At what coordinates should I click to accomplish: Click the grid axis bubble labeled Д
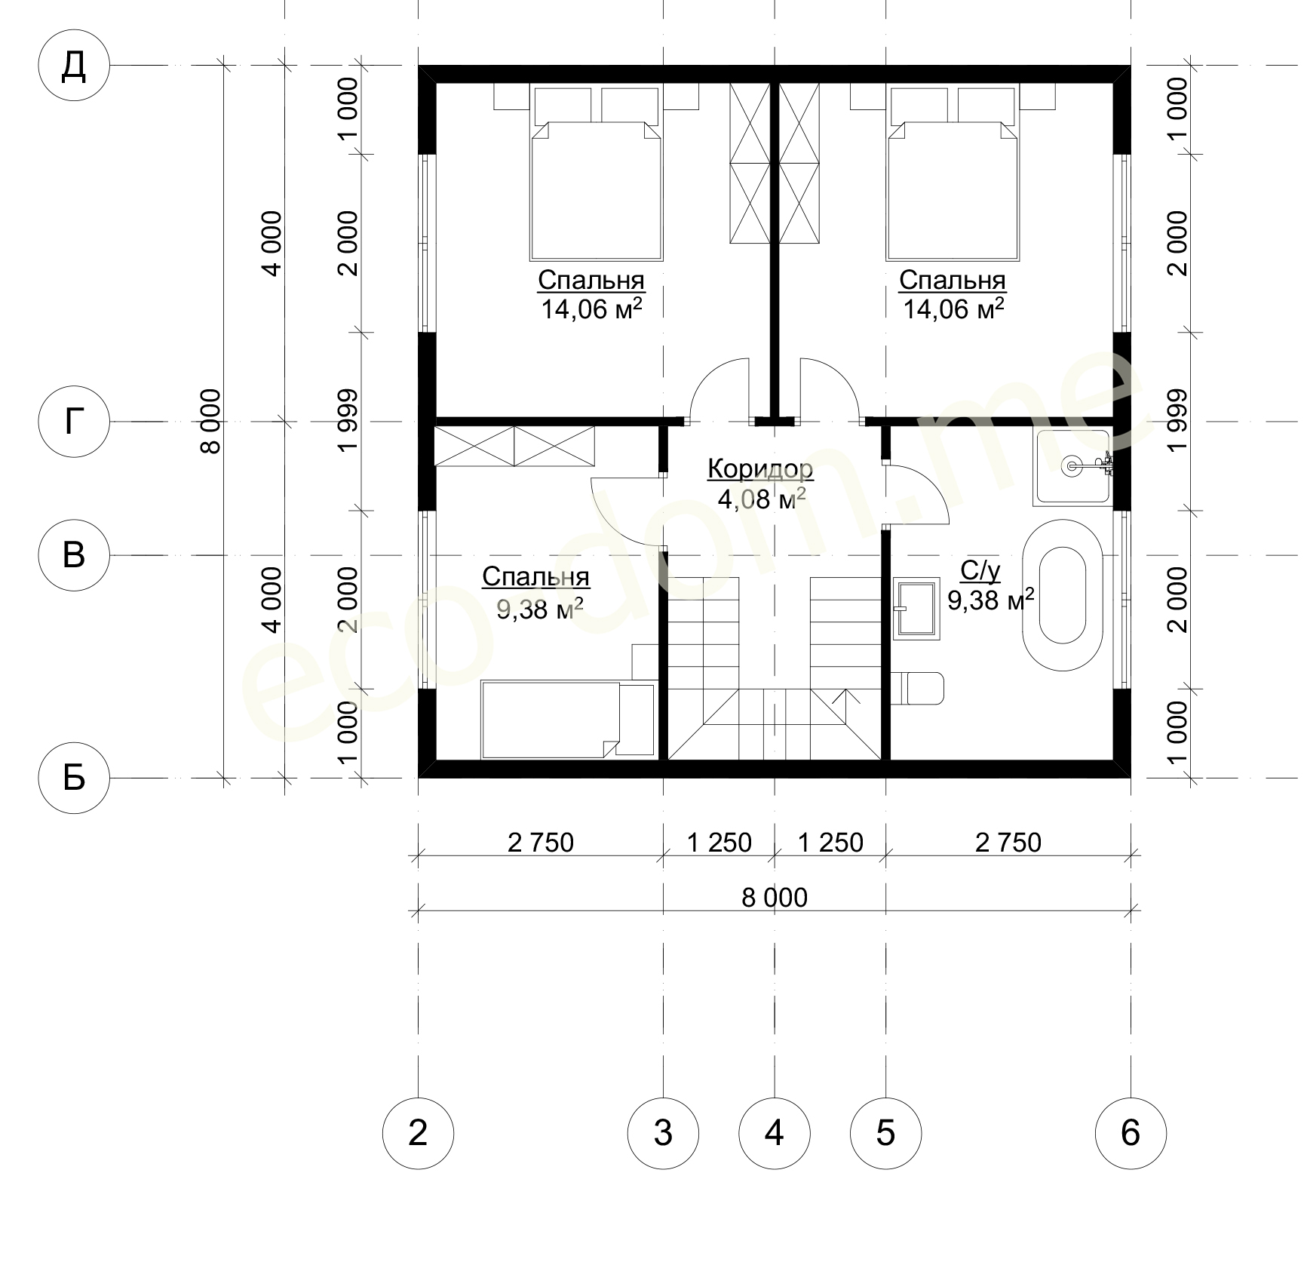click(x=73, y=67)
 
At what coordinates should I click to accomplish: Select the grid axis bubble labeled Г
click(x=73, y=422)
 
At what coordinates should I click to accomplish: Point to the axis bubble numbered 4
click(x=775, y=1133)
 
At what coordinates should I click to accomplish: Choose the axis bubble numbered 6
click(x=1131, y=1133)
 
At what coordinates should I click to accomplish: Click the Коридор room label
click(x=760, y=469)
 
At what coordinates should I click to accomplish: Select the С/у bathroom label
click(x=980, y=572)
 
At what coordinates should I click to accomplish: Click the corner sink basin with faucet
click(x=1072, y=467)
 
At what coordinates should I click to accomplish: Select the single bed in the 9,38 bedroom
click(x=568, y=720)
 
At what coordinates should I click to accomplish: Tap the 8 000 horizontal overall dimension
click(x=775, y=898)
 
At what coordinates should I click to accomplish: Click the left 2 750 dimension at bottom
click(x=541, y=842)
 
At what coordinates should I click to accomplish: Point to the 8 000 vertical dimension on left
click(x=212, y=422)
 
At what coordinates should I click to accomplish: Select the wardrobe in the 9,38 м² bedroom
click(x=514, y=446)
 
